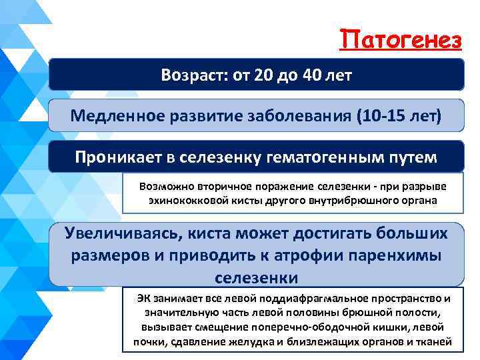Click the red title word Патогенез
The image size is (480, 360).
pos(400,41)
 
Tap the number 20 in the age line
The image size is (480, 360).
pos(263,75)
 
